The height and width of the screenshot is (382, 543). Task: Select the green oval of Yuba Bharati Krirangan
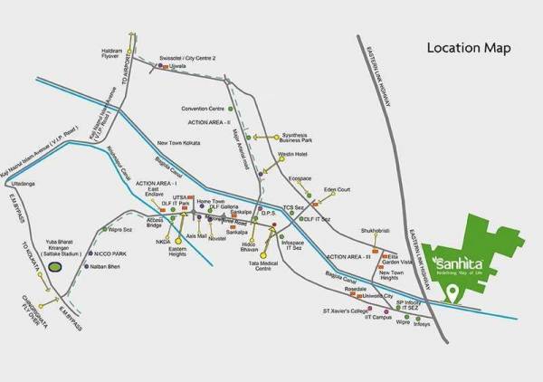pos(55,268)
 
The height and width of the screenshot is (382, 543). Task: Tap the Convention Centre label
pos(203,107)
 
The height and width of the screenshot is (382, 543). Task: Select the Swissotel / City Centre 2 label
pos(186,56)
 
